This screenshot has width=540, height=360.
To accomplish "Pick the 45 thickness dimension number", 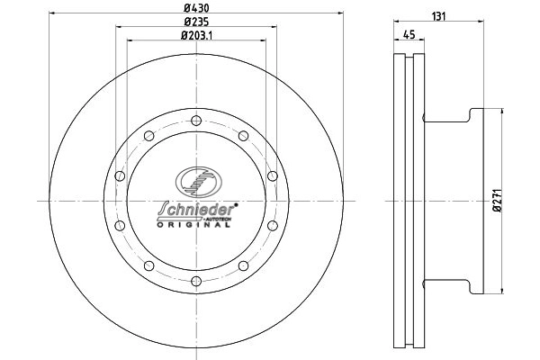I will [408, 35].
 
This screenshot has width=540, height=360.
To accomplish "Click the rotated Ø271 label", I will [510, 200].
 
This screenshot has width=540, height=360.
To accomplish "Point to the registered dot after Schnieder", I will [236, 203].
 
